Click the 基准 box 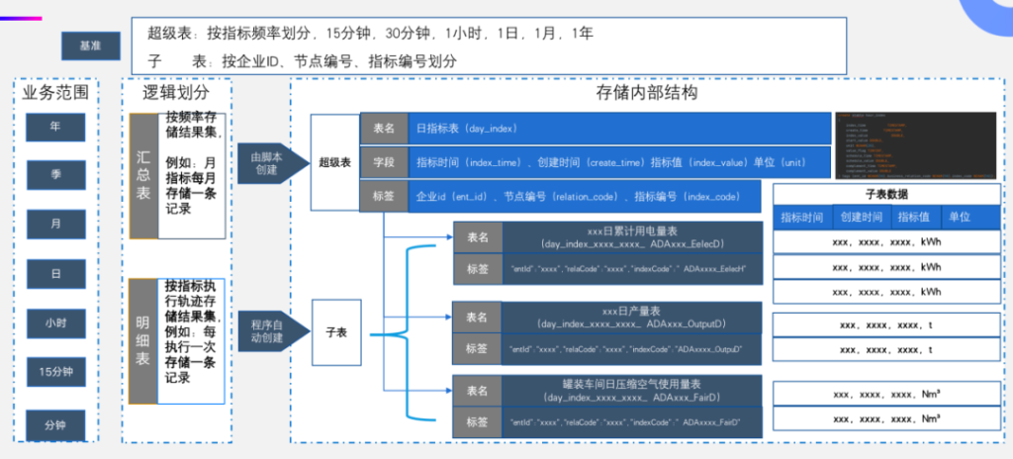(90, 45)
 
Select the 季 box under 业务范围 (55, 174)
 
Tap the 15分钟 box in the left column (55, 371)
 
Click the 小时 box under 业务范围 (55, 321)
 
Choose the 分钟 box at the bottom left (55, 423)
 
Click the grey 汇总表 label (143, 175)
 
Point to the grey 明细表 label (143, 341)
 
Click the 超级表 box (333, 160)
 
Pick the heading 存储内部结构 (647, 94)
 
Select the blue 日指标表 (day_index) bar (617, 129)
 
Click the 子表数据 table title (885, 195)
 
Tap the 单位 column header (959, 217)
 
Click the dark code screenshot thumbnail (915, 144)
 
